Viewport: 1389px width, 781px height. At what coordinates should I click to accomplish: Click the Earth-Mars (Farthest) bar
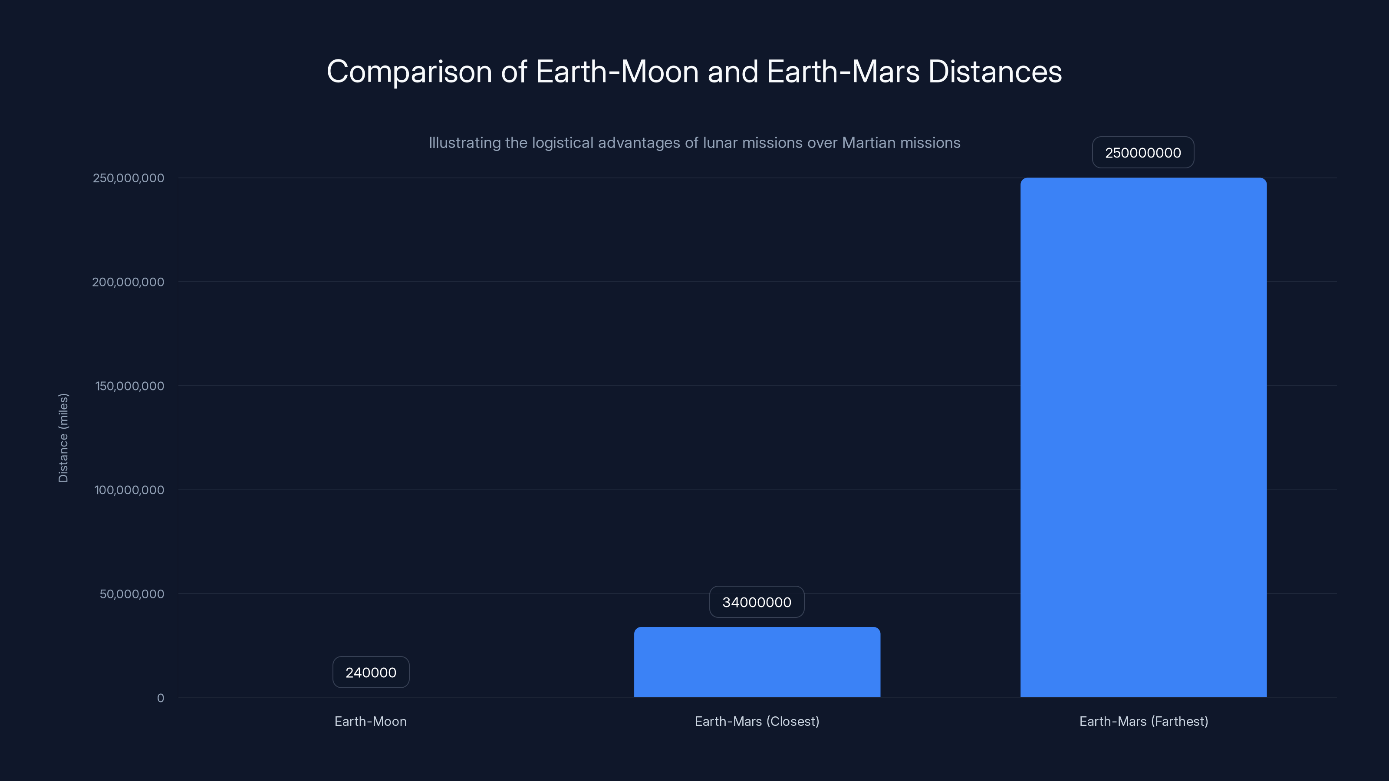click(1143, 437)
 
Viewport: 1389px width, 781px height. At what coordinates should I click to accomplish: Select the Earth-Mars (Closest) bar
click(757, 662)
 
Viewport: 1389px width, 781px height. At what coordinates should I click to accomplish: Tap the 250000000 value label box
click(1143, 153)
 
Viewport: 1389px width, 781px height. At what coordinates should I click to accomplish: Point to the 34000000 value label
click(757, 602)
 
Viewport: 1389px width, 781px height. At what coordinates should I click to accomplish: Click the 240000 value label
click(371, 673)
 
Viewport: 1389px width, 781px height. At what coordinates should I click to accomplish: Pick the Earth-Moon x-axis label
click(370, 721)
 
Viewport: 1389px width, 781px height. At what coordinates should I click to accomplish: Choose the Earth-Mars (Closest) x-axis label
click(757, 721)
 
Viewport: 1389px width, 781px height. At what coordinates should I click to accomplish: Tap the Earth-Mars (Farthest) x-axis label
click(1144, 721)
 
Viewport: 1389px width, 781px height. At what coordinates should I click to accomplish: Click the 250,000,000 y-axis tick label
click(128, 178)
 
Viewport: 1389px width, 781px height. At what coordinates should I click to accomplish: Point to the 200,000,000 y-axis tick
click(128, 282)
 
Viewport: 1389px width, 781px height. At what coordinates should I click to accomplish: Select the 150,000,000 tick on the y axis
click(129, 386)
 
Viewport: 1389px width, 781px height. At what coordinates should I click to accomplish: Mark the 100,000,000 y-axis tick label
click(129, 490)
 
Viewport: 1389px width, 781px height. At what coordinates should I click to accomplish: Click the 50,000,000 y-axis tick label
click(132, 594)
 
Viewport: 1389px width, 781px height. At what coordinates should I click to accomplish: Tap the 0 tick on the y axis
click(160, 698)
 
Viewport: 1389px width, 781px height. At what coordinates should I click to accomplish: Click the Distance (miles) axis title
click(63, 438)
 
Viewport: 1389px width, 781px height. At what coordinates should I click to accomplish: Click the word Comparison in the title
click(409, 72)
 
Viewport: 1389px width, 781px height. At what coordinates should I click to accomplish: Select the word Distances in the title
click(995, 72)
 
